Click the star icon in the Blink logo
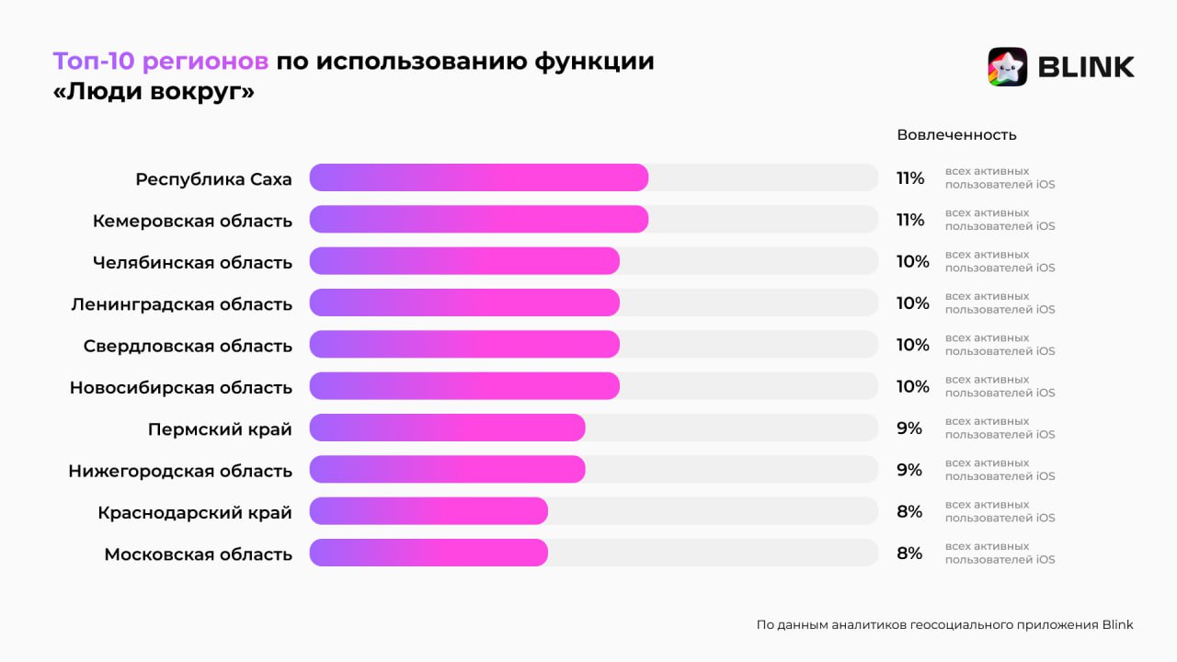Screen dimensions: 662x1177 click(x=1007, y=67)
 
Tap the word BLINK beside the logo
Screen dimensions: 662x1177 click(x=1086, y=67)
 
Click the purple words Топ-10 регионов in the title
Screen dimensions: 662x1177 click(x=161, y=62)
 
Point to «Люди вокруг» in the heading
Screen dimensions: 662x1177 click(x=154, y=93)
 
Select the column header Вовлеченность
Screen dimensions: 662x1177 click(x=956, y=135)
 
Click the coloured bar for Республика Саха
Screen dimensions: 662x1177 click(x=478, y=177)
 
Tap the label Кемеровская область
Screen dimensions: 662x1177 click(x=192, y=221)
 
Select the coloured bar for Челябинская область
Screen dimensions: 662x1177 click(x=464, y=261)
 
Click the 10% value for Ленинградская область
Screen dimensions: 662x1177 click(x=912, y=303)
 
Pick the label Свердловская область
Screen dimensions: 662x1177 click(x=188, y=346)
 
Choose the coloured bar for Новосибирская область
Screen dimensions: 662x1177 click(x=464, y=386)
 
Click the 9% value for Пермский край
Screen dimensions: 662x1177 click(x=909, y=428)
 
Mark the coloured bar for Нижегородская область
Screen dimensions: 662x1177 click(x=447, y=470)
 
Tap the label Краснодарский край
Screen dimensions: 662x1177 click(x=195, y=513)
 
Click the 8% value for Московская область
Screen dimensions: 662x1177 click(x=909, y=554)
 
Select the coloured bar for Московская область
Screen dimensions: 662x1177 click(x=429, y=554)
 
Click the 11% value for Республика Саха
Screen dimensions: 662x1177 click(x=910, y=178)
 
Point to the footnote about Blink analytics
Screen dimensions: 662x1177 click(x=944, y=625)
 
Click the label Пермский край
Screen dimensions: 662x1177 click(x=220, y=429)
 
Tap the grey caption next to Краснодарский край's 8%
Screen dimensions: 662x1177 click(x=1000, y=511)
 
